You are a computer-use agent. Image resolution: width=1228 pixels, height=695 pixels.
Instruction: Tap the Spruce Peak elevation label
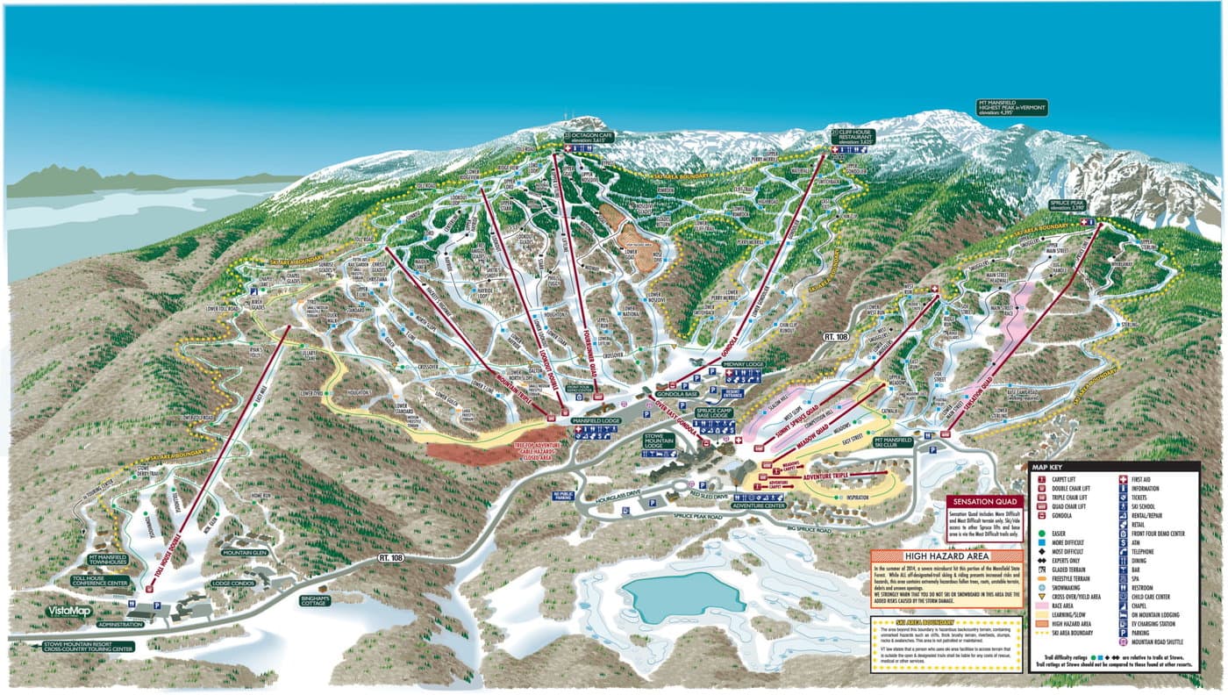[1067, 205]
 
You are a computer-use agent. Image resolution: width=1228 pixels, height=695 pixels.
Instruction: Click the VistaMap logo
[69, 611]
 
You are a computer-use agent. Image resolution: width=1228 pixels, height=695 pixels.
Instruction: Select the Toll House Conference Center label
[100, 581]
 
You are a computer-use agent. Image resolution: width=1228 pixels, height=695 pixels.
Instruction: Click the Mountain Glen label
[244, 553]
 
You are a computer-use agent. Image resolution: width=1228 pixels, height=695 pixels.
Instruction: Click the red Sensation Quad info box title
[987, 503]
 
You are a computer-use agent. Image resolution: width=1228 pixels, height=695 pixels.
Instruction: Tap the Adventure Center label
[760, 506]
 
